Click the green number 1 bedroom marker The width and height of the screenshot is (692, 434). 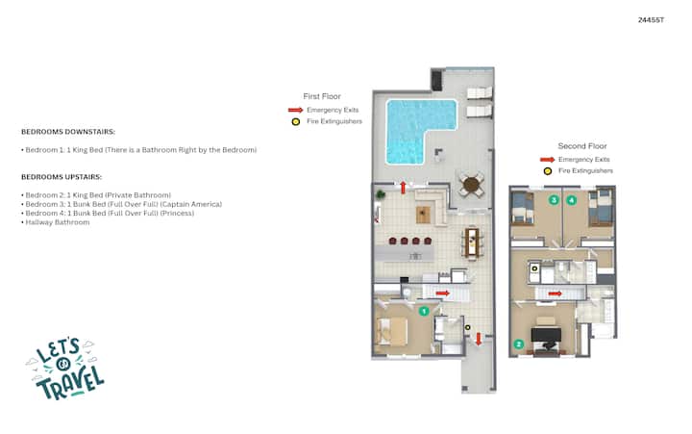pos(424,311)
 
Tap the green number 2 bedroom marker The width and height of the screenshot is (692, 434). pos(519,344)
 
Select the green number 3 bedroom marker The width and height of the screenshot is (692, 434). pos(554,200)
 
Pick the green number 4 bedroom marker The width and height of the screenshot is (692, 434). pos(572,200)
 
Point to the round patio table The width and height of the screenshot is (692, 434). pos(471,185)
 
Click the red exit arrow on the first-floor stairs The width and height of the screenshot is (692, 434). pos(443,293)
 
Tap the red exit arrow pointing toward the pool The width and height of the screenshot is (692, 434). pos(403,188)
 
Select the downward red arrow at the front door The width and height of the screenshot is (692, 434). pos(479,339)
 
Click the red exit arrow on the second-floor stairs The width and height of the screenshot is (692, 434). pos(555,294)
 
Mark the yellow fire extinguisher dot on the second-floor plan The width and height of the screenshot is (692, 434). pos(534,268)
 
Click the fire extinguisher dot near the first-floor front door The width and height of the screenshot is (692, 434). pos(467,327)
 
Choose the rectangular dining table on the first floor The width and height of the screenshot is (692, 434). pos(472,242)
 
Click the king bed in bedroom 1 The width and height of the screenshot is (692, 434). pos(391,331)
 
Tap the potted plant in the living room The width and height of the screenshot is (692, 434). pos(380,194)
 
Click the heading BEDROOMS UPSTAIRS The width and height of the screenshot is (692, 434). pos(62,177)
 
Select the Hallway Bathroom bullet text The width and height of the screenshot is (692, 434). pos(58,222)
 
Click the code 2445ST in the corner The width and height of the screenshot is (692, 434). pos(651,20)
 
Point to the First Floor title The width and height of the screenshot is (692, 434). pos(322,96)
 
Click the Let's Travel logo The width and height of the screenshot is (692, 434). pos(65,369)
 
